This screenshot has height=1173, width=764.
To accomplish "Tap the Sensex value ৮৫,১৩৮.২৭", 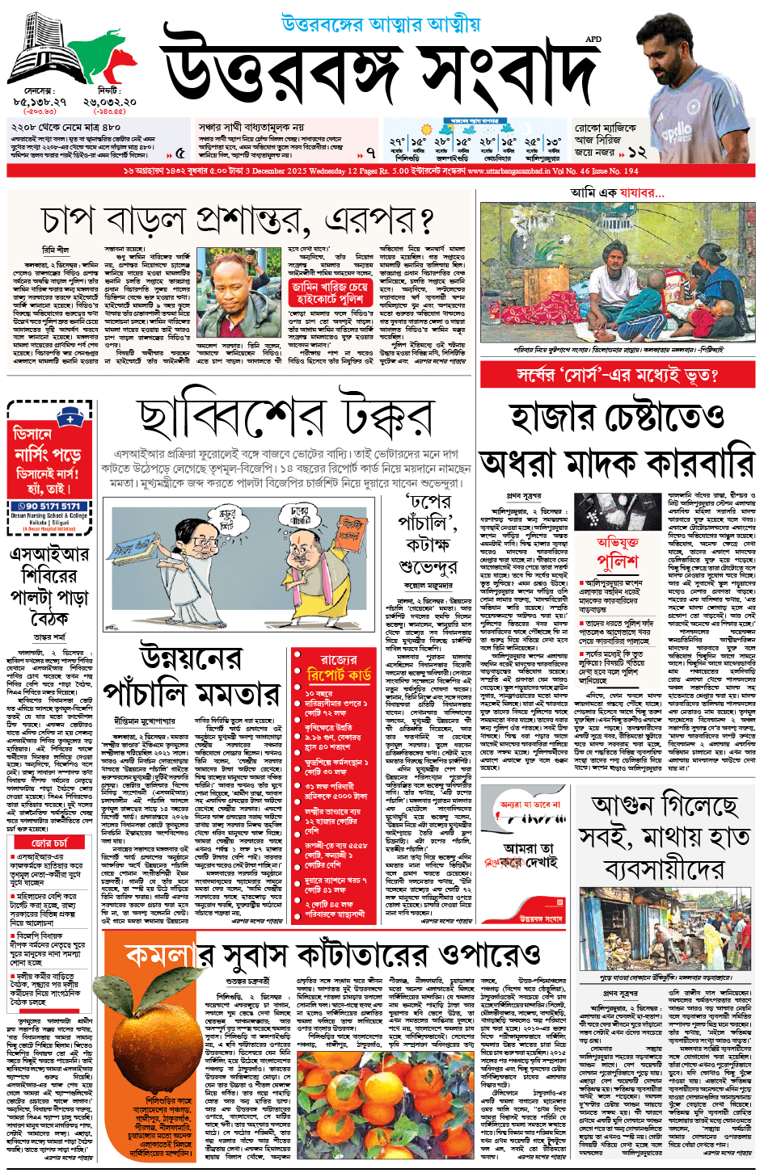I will pyautogui.click(x=40, y=103).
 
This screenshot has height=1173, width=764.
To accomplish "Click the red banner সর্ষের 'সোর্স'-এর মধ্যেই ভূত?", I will pyautogui.click(x=618, y=375).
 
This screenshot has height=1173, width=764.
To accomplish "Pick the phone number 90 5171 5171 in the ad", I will pyautogui.click(x=50, y=506).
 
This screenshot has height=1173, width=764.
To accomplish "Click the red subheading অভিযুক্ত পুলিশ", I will pyautogui.click(x=617, y=552).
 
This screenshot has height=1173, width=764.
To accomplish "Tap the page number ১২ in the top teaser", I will pyautogui.click(x=636, y=151).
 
